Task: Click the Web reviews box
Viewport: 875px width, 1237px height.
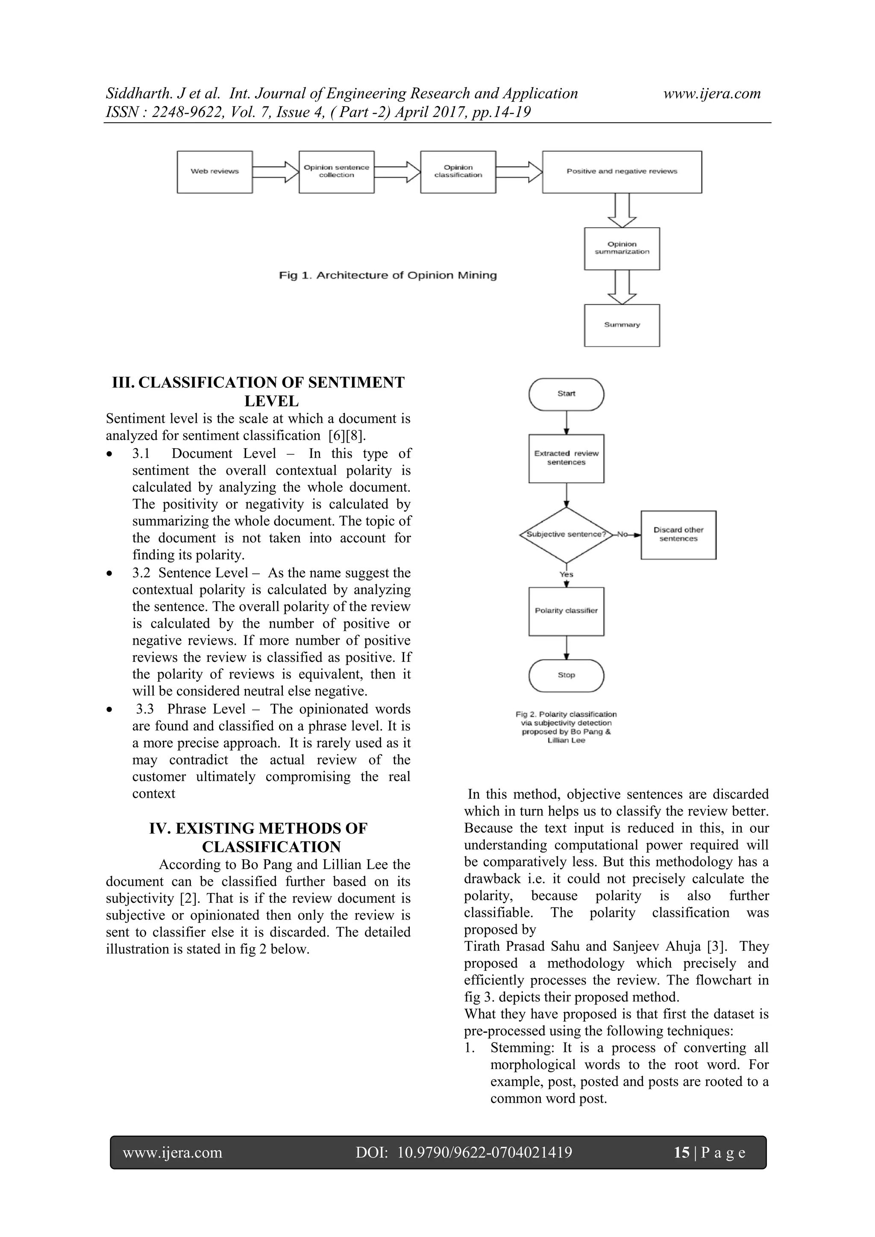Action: click(214, 172)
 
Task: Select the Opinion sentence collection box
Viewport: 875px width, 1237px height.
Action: click(336, 172)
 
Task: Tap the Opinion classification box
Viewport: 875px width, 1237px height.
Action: click(458, 172)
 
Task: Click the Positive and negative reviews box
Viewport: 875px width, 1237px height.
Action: click(622, 172)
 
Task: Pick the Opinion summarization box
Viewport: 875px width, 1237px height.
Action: click(622, 248)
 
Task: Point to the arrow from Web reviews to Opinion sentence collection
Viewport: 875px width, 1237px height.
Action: click(275, 172)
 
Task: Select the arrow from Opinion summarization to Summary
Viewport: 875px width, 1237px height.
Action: click(622, 287)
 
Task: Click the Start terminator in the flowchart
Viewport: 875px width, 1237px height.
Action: click(566, 394)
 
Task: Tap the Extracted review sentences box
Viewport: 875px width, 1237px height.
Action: click(566, 458)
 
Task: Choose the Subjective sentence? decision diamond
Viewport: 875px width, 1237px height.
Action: click(566, 535)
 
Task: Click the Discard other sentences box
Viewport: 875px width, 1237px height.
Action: click(678, 535)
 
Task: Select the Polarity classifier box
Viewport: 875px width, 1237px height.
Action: click(566, 611)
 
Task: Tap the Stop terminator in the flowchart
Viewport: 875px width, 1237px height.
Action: click(566, 675)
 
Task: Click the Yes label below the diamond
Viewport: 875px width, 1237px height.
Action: click(566, 574)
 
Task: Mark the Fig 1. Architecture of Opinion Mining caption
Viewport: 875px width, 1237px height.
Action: click(388, 275)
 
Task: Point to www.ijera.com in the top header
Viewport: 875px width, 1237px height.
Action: click(712, 94)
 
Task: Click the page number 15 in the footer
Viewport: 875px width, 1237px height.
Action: click(681, 1152)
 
